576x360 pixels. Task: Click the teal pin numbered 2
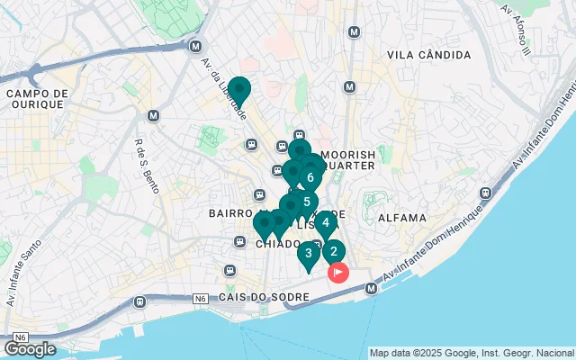coord(333,252)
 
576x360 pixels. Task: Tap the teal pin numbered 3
coord(309,253)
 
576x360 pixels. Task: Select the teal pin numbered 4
coord(325,222)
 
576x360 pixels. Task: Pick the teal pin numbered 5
coord(306,202)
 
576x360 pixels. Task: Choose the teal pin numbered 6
coord(310,177)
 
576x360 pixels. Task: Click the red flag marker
coord(338,272)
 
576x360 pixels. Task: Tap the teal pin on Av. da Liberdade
coord(239,91)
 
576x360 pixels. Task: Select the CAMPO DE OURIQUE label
coord(36,98)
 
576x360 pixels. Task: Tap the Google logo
coord(30,349)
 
